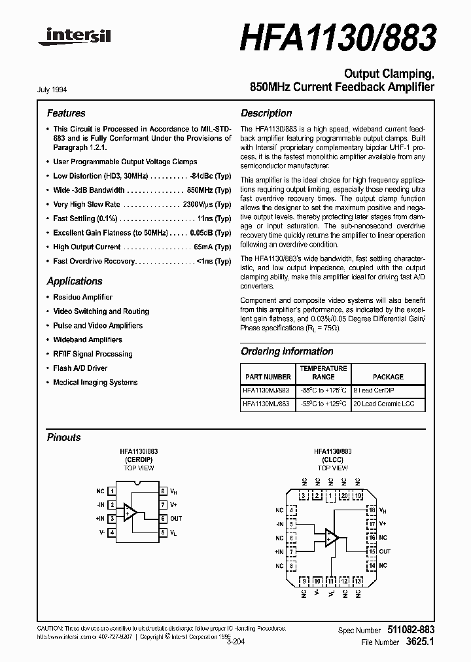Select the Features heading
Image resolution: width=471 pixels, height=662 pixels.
pyautogui.click(x=65, y=113)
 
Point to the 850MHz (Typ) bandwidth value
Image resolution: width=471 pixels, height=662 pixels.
pyautogui.click(x=209, y=190)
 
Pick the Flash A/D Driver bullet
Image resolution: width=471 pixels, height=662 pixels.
pyautogui.click(x=80, y=368)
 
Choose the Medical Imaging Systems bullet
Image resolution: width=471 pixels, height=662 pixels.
pyautogui.click(x=95, y=383)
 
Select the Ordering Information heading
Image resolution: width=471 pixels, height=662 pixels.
pyautogui.click(x=287, y=351)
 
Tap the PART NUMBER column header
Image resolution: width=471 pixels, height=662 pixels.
pyautogui.click(x=268, y=377)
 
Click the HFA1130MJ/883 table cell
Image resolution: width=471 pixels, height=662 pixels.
pyautogui.click(x=266, y=391)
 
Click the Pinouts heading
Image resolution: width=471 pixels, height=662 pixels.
pyautogui.click(x=63, y=437)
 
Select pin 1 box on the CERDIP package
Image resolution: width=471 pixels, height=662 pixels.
pyautogui.click(x=113, y=491)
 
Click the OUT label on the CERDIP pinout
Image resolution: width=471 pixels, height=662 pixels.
pyautogui.click(x=176, y=519)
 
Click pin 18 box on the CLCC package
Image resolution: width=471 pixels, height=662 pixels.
pyautogui.click(x=372, y=510)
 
